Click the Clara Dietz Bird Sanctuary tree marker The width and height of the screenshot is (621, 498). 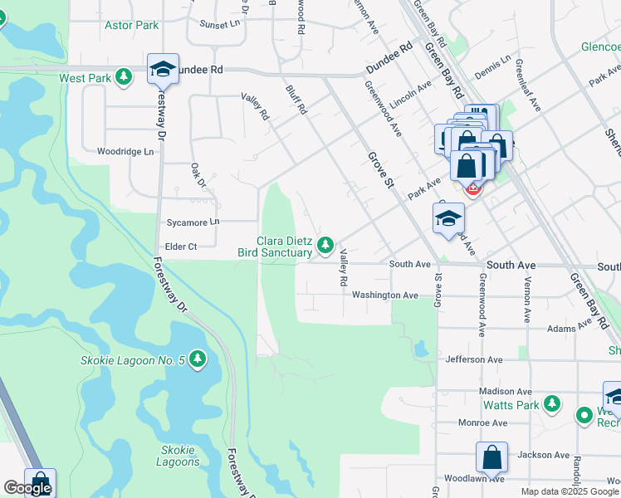coord(326,245)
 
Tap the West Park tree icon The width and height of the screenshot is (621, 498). coord(124,77)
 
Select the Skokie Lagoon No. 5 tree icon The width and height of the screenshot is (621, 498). coord(197,359)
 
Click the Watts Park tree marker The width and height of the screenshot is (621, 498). coord(551,405)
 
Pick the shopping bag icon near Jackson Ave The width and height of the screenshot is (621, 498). coord(491,457)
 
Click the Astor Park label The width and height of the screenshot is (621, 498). coord(131,26)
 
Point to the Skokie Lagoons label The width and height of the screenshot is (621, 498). coord(177,456)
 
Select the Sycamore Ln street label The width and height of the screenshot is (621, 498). coord(192,222)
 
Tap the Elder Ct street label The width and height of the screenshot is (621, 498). coord(180,247)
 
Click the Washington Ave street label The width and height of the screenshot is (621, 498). coord(384,295)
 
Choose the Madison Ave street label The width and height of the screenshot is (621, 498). coord(505,391)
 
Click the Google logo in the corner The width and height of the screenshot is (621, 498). coord(27,488)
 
